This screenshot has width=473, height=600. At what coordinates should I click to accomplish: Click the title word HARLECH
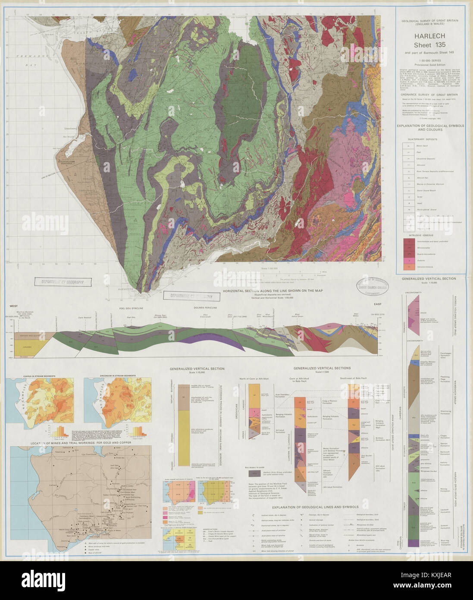(430, 36)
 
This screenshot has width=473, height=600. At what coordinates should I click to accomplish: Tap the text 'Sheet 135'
(429, 45)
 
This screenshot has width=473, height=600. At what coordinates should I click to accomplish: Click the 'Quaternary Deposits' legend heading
(425, 139)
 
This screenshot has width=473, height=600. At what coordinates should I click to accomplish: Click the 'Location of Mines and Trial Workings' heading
(81, 443)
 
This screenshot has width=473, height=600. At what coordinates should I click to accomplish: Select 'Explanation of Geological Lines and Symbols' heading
(322, 507)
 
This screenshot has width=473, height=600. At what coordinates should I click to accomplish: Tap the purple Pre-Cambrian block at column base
(414, 543)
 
